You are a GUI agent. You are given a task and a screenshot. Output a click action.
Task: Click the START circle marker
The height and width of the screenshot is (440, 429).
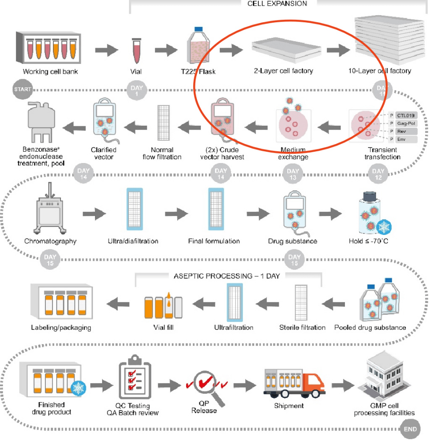pyautogui.click(x=20, y=89)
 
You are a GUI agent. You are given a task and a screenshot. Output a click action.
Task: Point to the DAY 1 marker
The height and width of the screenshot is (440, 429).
pyautogui.click(x=135, y=89)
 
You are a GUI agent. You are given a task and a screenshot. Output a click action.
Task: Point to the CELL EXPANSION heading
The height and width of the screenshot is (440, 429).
pyautogui.click(x=277, y=3)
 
